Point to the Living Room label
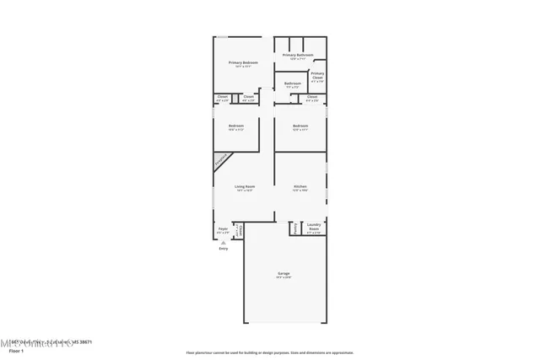[245, 187]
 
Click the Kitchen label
[300, 187]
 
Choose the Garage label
[283, 274]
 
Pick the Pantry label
[294, 228]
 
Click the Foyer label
[224, 229]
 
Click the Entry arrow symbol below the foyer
[224, 243]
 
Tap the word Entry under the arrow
[224, 249]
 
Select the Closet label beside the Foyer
[240, 229]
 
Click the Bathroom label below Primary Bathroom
[292, 84]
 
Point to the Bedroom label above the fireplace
[236, 127]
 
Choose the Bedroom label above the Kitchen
[300, 127]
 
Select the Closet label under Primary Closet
[312, 98]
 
